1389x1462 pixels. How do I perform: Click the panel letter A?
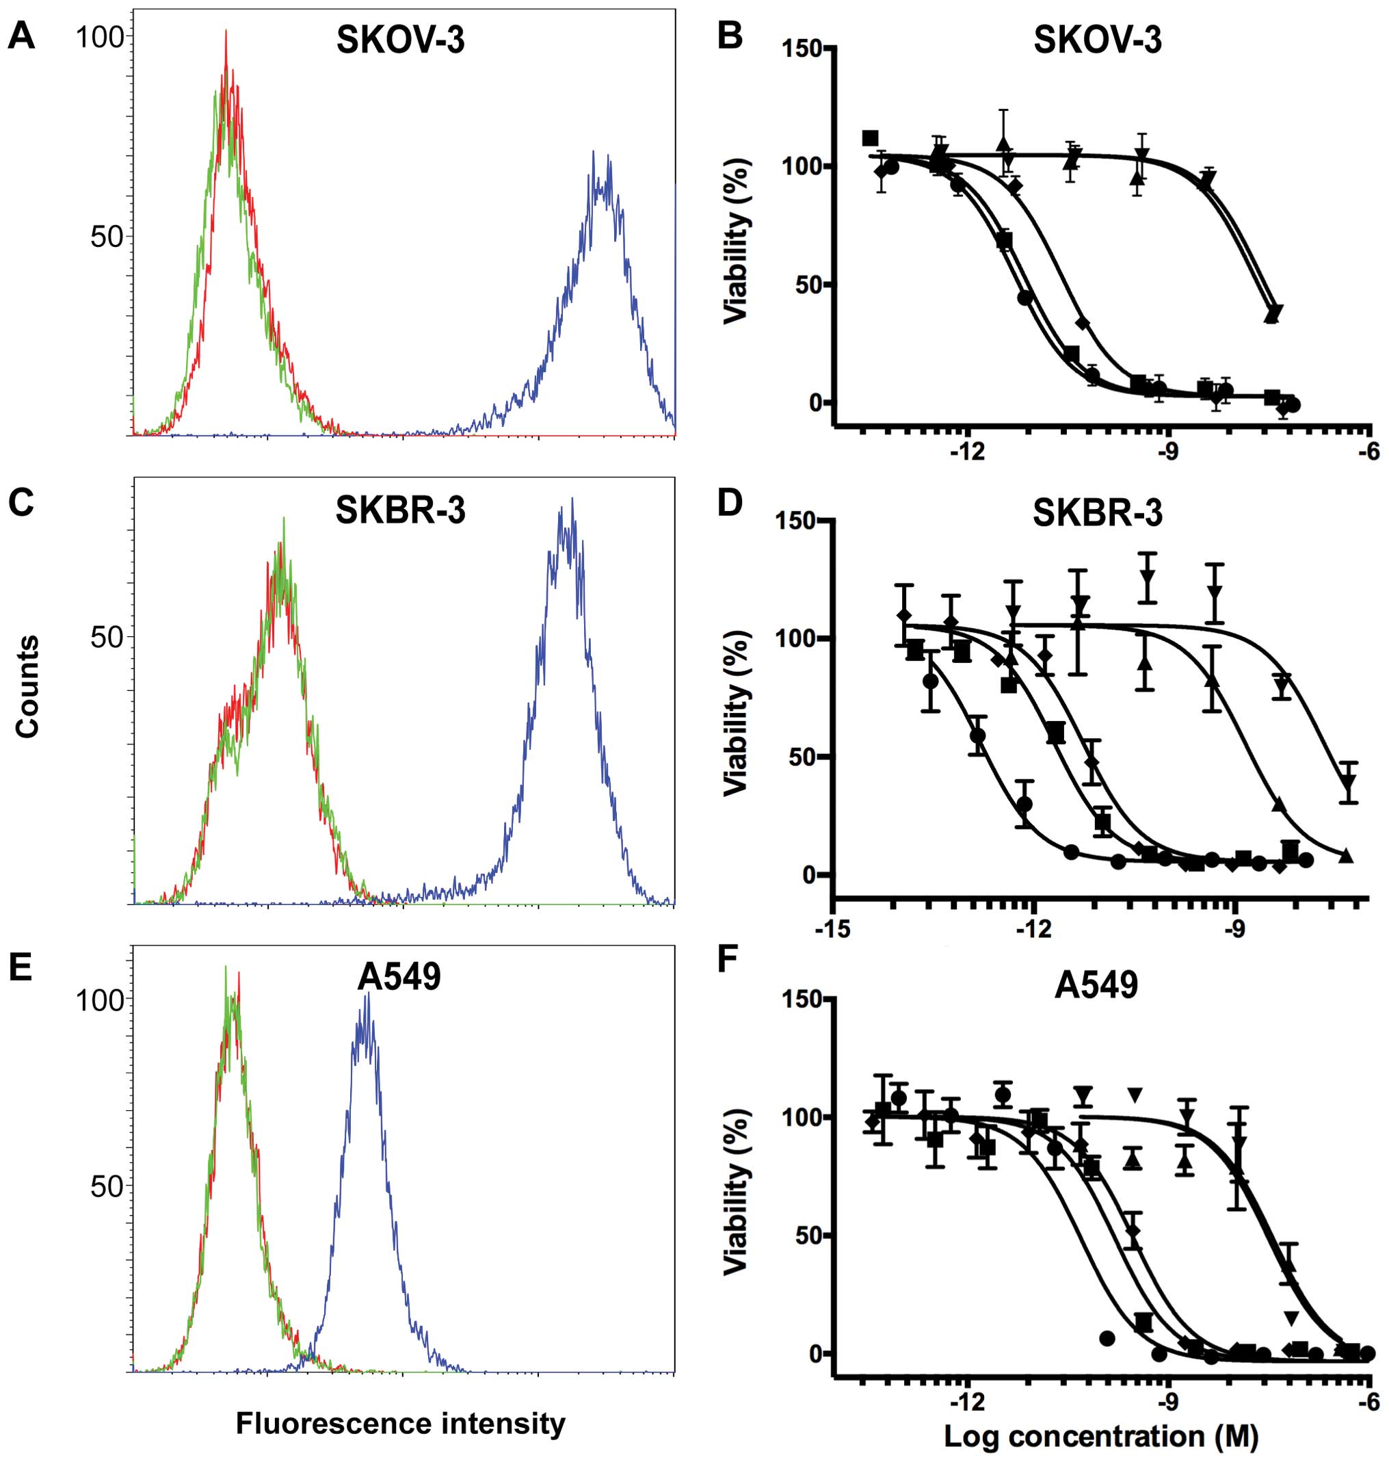[21, 36]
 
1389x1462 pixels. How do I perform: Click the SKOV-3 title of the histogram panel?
[400, 42]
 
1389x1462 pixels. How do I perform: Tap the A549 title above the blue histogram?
[399, 977]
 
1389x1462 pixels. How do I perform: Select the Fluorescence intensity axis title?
[400, 1424]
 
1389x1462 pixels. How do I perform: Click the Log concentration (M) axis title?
[1101, 1437]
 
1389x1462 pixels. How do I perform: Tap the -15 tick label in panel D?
[834, 929]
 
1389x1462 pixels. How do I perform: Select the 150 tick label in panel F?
[804, 998]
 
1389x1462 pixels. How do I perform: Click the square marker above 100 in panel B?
[871, 138]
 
